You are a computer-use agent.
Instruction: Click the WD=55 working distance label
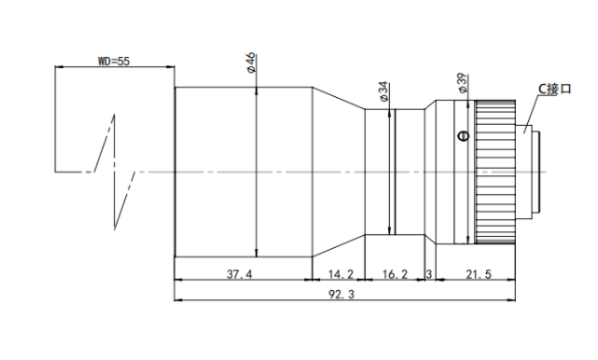114,61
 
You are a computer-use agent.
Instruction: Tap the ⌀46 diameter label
251,62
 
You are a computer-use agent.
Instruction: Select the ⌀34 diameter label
383,91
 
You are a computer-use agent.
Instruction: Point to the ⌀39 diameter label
462,83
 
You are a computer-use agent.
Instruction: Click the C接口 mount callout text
554,89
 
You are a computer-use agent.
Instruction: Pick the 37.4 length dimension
239,274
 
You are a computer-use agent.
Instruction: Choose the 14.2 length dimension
341,274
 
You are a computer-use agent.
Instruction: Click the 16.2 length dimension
395,274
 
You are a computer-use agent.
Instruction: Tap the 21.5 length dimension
479,274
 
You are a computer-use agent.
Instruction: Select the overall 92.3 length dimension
341,294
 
